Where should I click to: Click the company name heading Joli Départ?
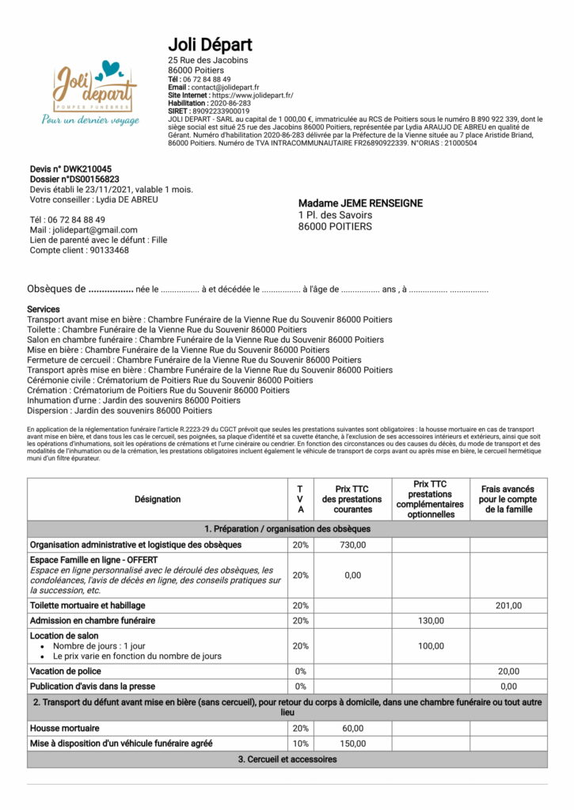click(x=210, y=44)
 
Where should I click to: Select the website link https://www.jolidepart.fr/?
click(x=254, y=95)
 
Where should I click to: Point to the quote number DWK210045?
click(x=84, y=169)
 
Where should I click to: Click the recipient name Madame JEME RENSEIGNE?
click(x=360, y=203)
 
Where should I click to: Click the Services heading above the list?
click(x=44, y=308)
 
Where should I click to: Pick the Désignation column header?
click(x=157, y=499)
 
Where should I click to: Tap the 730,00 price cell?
click(x=353, y=545)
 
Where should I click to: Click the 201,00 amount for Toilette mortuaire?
click(x=508, y=605)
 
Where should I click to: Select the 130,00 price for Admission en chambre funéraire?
click(x=431, y=621)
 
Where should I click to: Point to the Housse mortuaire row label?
click(x=65, y=728)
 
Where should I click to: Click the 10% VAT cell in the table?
click(x=300, y=743)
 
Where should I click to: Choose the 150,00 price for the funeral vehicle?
click(x=353, y=743)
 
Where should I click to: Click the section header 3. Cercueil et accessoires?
click(x=287, y=759)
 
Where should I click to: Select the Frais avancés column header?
click(x=507, y=499)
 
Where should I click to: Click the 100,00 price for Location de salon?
click(x=431, y=646)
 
